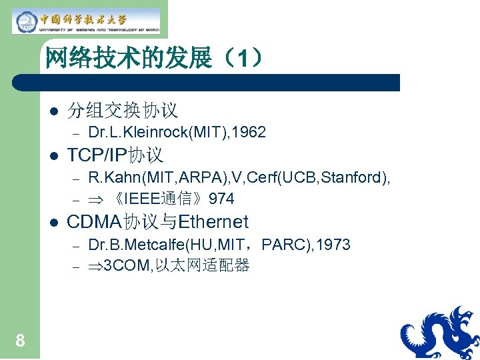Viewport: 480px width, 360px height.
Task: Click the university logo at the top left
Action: point(86,21)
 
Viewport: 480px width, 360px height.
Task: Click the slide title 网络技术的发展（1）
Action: point(154,59)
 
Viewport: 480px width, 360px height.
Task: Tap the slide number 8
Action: point(21,341)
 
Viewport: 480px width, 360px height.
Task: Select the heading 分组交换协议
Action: point(123,110)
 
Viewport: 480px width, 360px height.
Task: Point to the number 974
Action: point(221,199)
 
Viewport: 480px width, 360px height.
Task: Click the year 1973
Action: point(333,245)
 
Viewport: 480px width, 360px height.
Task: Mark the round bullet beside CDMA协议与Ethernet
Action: point(53,222)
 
